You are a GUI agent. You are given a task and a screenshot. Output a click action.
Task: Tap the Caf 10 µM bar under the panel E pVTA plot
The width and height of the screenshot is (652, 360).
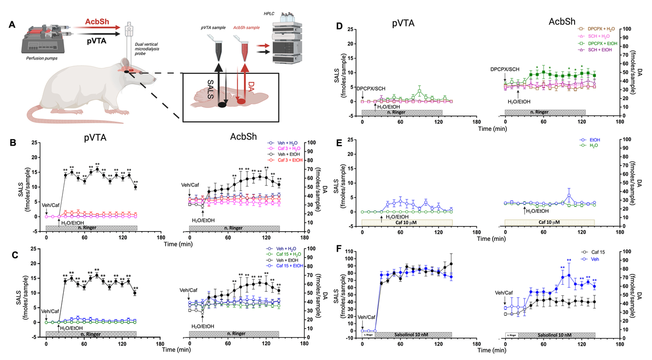[x=407, y=222]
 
